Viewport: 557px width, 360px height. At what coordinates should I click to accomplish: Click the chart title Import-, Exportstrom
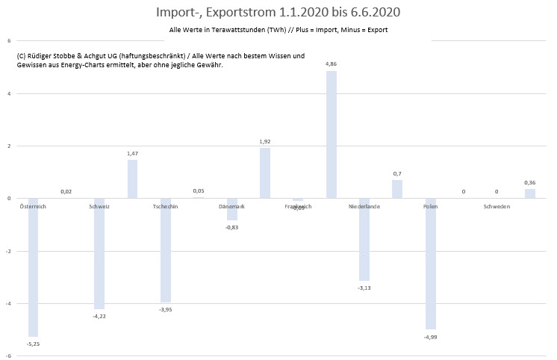click(278, 12)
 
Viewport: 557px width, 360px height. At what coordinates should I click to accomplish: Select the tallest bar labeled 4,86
click(332, 134)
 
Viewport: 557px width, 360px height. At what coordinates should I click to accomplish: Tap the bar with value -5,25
click(33, 267)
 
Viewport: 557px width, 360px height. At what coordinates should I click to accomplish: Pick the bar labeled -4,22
click(99, 253)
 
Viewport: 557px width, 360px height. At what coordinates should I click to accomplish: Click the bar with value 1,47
click(132, 179)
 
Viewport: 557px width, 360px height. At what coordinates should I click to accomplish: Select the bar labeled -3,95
click(165, 249)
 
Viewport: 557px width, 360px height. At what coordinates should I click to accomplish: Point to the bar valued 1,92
click(265, 173)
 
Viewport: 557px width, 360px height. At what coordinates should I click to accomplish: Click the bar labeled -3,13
click(364, 239)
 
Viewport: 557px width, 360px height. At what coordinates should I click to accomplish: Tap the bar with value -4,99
click(431, 264)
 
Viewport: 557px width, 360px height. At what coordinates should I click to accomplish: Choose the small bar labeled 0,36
click(530, 193)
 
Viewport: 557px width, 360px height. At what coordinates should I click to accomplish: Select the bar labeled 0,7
click(397, 189)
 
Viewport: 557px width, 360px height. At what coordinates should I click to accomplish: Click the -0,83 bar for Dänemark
click(232, 209)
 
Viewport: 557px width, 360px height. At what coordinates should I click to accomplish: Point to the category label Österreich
click(33, 206)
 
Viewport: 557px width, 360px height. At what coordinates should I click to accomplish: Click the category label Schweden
click(497, 206)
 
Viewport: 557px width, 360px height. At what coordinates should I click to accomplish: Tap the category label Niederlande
click(364, 206)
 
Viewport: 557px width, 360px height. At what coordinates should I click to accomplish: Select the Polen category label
click(431, 206)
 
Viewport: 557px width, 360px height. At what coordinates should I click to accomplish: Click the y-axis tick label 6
click(8, 40)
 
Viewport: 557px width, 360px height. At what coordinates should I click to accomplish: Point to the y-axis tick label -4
click(8, 303)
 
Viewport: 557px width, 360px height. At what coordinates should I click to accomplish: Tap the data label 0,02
click(66, 192)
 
